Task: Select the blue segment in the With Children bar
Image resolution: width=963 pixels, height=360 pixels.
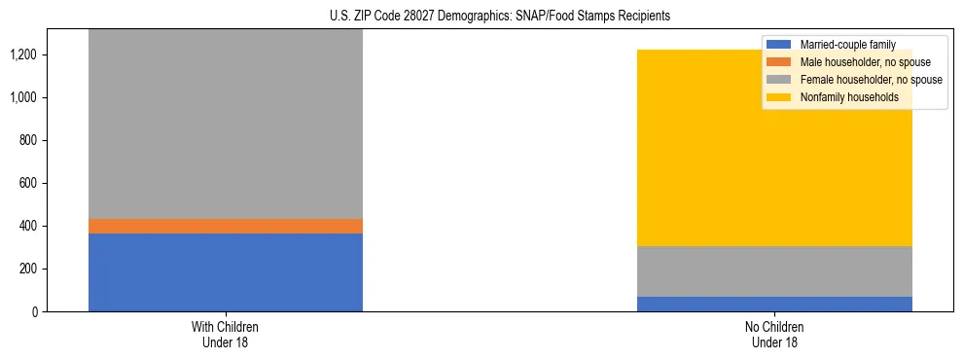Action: point(226,272)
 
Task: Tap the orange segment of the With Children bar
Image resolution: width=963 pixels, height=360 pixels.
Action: point(226,226)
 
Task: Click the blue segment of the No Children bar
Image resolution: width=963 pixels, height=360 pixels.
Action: point(774,304)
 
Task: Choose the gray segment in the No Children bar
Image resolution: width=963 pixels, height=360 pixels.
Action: point(774,271)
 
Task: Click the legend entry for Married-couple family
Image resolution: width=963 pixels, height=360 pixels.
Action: point(845,45)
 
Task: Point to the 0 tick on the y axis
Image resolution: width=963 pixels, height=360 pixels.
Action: point(35,311)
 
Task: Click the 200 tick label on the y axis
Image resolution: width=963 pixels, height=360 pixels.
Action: point(28,269)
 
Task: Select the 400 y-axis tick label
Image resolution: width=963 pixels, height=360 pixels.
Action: point(28,226)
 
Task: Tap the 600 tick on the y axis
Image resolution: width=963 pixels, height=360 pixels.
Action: point(28,183)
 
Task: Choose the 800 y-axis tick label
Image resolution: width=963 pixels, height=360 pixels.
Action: point(28,140)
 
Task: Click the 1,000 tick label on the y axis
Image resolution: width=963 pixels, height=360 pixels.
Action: point(24,97)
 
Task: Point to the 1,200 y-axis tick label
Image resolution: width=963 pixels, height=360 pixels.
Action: point(24,54)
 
